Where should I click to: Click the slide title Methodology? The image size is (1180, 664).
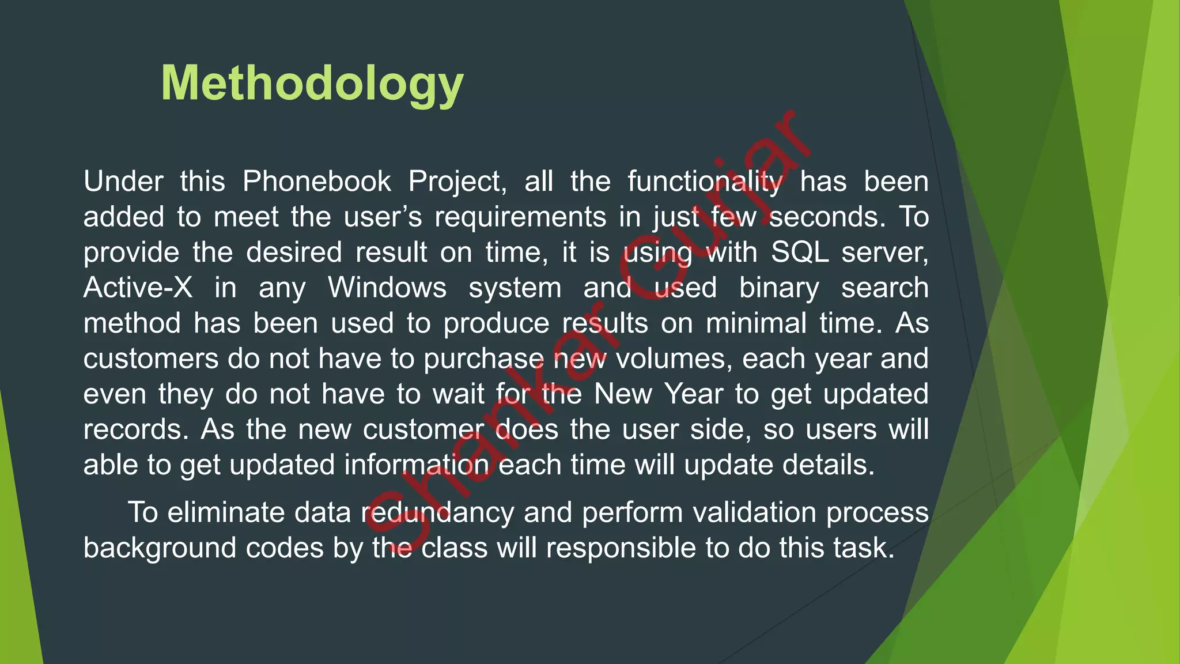click(312, 84)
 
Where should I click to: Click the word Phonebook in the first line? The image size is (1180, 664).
click(316, 182)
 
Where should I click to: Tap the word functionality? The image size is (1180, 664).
click(705, 182)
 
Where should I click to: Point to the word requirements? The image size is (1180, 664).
click(520, 217)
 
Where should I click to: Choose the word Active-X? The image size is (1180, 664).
click(138, 288)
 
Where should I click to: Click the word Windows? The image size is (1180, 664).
click(387, 288)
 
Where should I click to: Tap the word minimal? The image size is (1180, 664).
click(756, 323)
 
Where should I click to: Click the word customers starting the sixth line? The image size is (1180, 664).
click(150, 359)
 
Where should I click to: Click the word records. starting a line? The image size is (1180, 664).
click(136, 429)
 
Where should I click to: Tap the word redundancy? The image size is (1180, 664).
click(437, 513)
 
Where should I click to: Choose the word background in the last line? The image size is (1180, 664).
click(160, 548)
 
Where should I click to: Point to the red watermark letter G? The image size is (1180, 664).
click(657, 270)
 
